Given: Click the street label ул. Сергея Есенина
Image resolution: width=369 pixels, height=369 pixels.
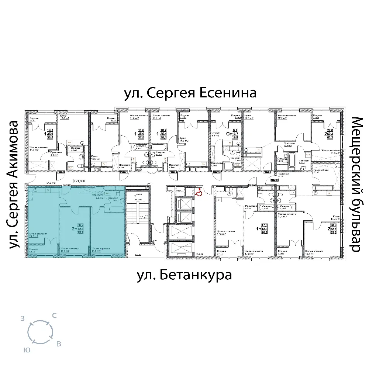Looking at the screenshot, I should tap(190, 93).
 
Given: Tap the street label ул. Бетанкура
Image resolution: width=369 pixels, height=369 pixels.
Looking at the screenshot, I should tap(184, 275).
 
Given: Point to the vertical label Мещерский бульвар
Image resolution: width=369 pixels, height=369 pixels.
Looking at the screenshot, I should tap(356, 184).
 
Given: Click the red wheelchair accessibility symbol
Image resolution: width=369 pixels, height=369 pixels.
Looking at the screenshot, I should tap(199, 193).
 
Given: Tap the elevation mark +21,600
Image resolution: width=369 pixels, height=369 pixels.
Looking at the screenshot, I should tap(80, 181).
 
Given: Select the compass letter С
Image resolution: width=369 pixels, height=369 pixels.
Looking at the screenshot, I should tap(54, 315).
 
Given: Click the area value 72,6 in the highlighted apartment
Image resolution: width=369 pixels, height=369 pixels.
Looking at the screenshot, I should tap(79, 229).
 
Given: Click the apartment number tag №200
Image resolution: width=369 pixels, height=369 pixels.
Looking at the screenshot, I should tap(61, 172).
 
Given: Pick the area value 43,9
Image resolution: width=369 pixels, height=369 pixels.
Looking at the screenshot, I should tap(264, 229).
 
